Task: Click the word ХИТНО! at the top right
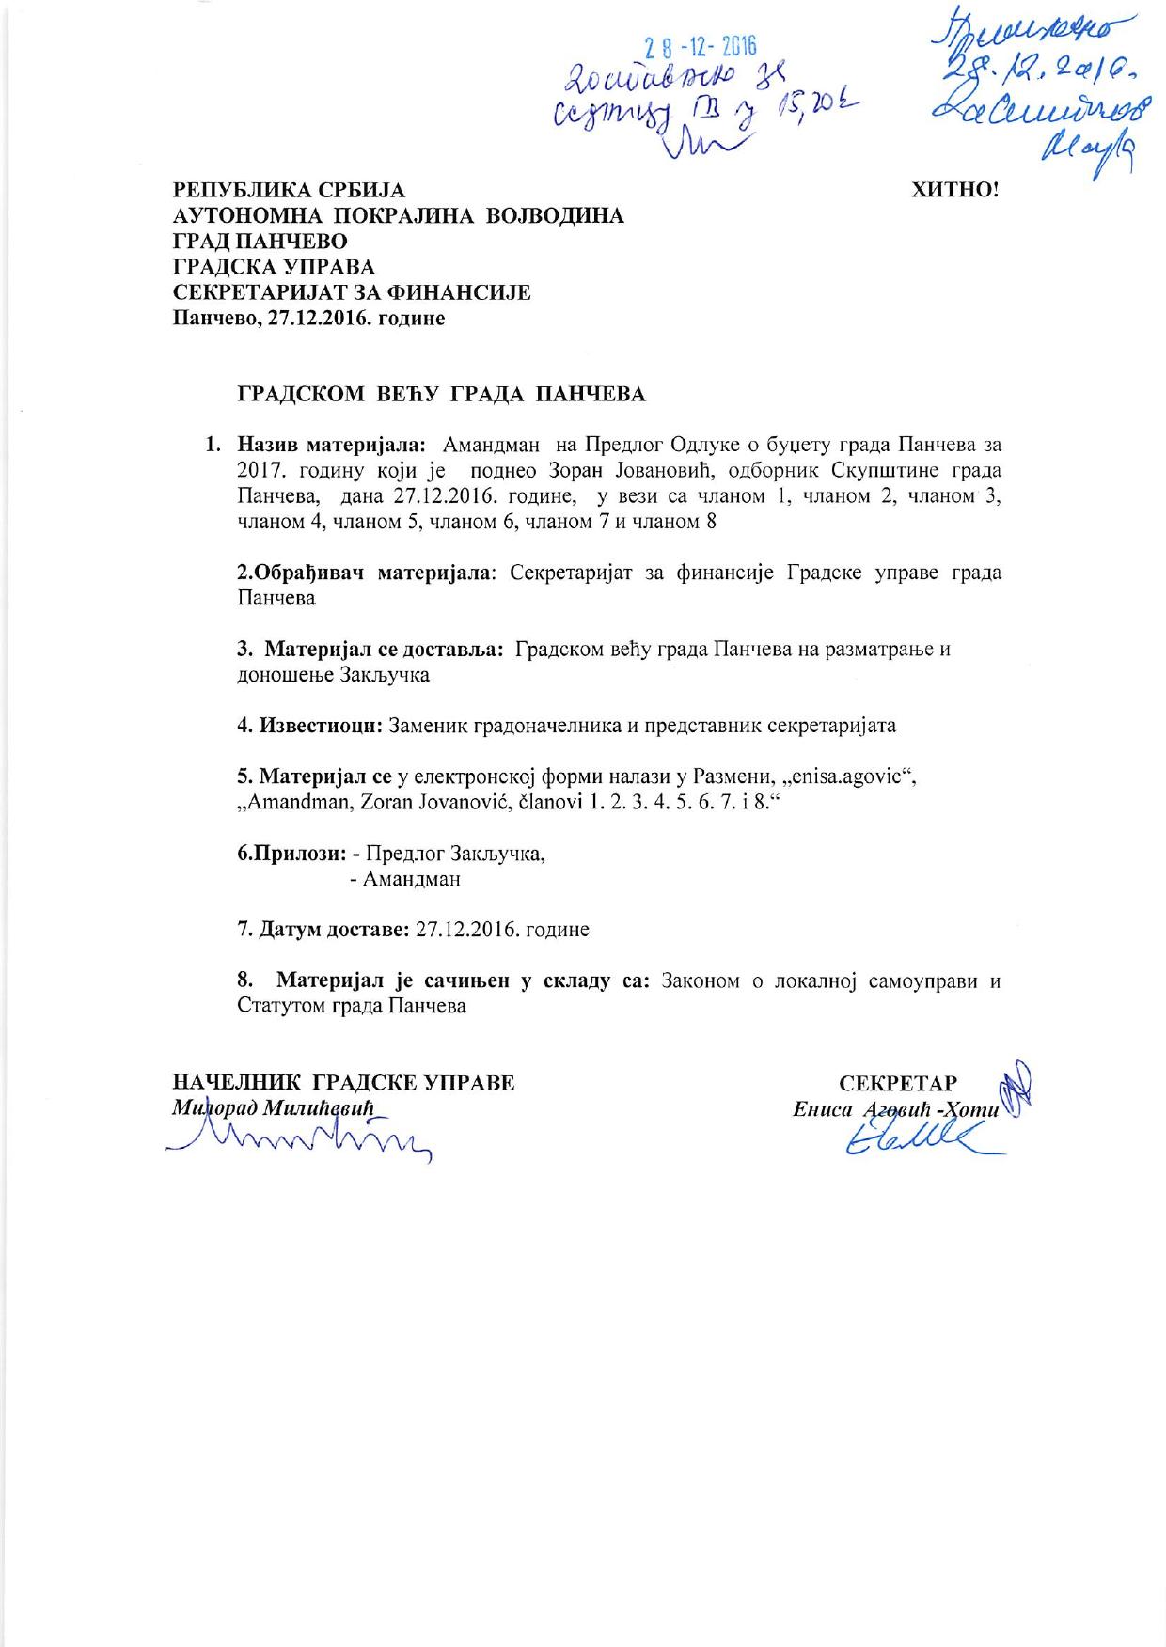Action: click(954, 189)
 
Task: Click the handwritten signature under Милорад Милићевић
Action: click(301, 1140)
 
